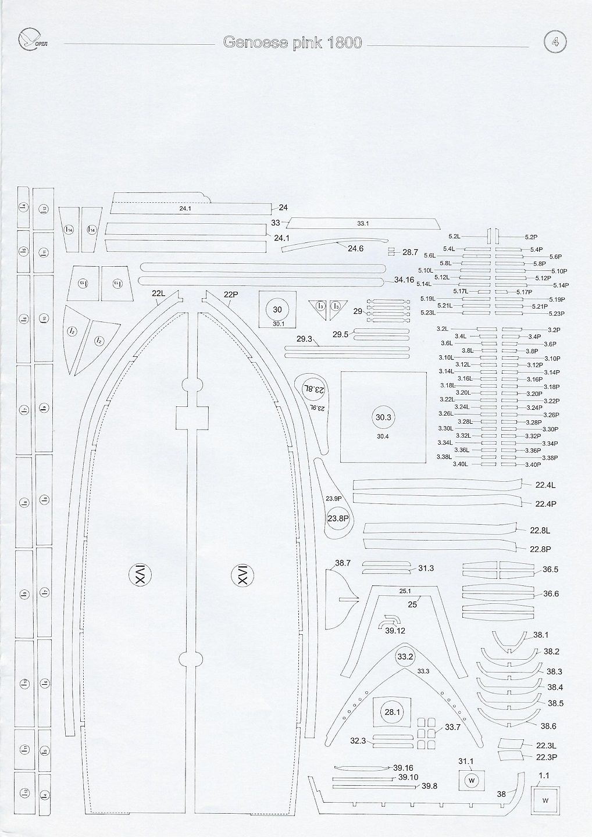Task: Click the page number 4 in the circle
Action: click(555, 42)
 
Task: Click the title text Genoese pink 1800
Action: click(293, 43)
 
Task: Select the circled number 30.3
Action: click(383, 417)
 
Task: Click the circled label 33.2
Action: click(405, 657)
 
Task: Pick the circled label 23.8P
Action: click(338, 518)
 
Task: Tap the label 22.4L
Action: click(545, 485)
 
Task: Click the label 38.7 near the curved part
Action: click(343, 563)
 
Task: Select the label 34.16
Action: click(404, 280)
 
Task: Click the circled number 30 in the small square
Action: click(277, 310)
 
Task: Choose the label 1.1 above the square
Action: click(544, 775)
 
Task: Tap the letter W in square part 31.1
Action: click(472, 780)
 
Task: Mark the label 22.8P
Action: click(540, 549)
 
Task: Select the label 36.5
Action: click(550, 570)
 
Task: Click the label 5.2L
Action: click(454, 237)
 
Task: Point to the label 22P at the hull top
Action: click(231, 295)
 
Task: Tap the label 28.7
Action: click(410, 252)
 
